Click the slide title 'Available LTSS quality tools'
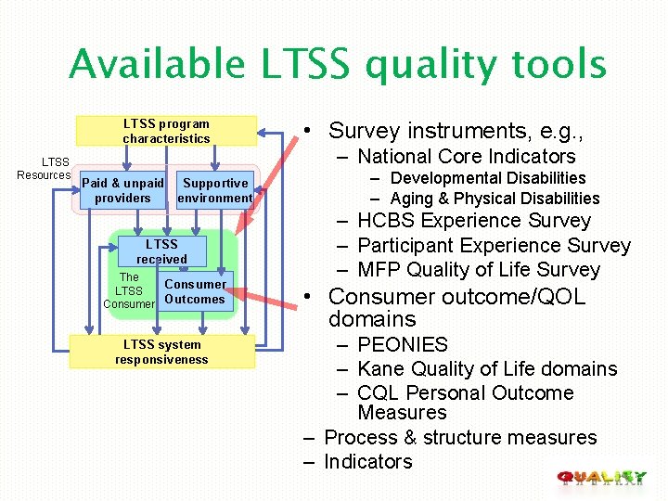338,65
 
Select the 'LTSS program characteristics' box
166,131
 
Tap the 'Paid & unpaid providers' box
122,191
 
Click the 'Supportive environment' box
215,191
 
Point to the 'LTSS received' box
161,251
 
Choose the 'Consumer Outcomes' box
195,291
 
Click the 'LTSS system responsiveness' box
161,352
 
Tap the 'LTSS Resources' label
44,169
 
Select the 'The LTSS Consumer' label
129,290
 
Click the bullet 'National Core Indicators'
466,157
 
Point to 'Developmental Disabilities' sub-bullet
488,178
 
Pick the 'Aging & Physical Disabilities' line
495,199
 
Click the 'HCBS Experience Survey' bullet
473,221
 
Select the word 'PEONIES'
402,345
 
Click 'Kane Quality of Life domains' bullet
486,369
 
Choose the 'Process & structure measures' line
460,438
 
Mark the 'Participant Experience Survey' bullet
493,246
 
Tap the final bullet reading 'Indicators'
367,462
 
